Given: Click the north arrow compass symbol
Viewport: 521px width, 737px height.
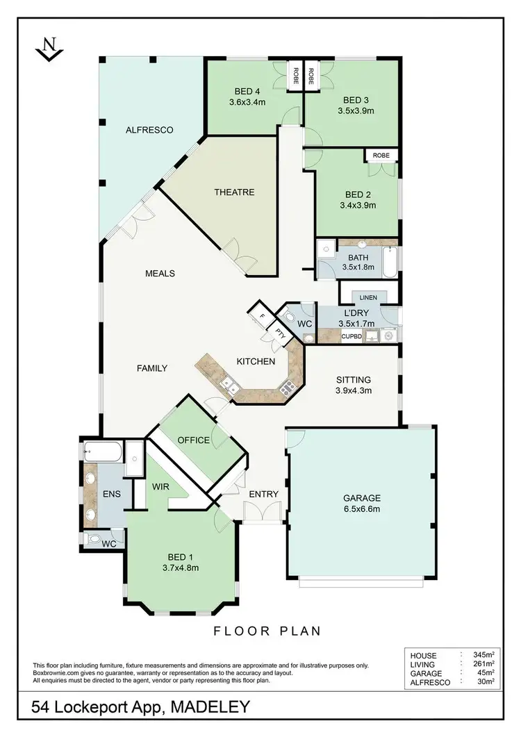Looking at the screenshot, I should [48, 50].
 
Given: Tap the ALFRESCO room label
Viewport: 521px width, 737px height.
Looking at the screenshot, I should [149, 130].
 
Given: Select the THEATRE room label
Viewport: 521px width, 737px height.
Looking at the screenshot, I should [234, 192].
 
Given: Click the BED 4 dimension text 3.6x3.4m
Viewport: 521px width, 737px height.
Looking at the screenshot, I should [247, 102].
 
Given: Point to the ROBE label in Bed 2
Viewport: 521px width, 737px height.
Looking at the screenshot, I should [381, 155].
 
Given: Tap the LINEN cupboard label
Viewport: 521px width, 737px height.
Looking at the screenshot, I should [368, 298].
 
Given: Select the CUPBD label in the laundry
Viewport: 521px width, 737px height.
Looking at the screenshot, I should [351, 336].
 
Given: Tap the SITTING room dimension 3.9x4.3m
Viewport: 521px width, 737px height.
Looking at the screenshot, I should [353, 390].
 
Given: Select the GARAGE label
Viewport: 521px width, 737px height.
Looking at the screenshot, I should [362, 497].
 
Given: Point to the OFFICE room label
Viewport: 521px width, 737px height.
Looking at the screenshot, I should [193, 440].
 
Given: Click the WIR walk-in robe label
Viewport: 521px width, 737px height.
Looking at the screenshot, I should [160, 487].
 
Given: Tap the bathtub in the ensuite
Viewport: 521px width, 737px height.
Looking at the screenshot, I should [104, 454].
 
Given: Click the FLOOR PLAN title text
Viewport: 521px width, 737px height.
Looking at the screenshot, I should [266, 631].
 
